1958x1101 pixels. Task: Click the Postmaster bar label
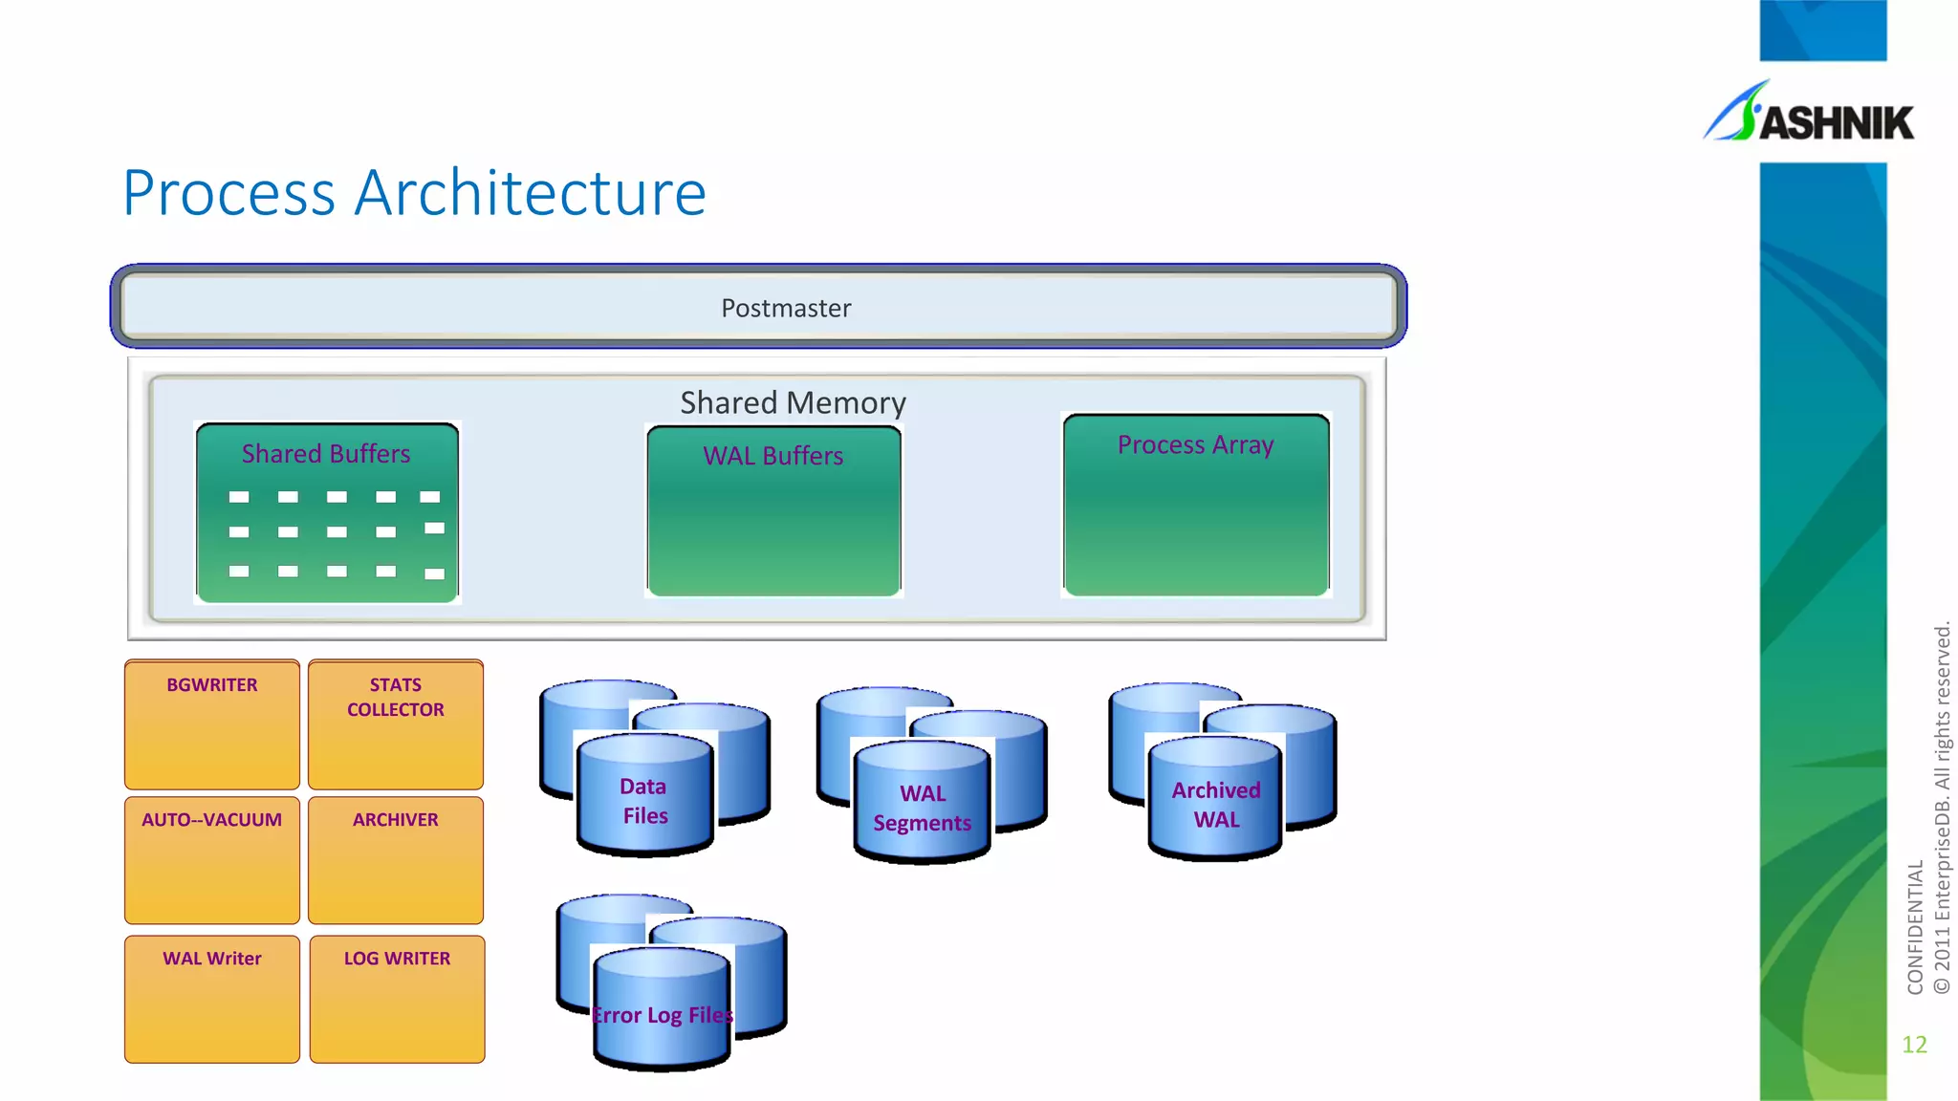pos(785,308)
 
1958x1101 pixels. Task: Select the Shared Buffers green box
pos(327,512)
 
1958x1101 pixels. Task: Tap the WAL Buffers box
pos(773,511)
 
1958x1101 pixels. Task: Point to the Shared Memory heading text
pos(793,402)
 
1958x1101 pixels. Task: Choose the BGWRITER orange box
pos(211,723)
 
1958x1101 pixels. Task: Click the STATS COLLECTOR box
pos(396,723)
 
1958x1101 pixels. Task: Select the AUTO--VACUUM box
pos(211,859)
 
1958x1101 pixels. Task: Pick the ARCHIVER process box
pos(396,859)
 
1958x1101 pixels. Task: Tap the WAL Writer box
pos(211,998)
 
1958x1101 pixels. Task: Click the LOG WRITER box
pos(397,998)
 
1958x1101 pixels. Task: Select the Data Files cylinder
pos(644,800)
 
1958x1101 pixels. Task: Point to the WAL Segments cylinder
pos(922,808)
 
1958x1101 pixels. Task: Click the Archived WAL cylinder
pos(1215,804)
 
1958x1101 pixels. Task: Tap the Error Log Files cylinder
pos(662,1014)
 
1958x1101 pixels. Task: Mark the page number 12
pos(1914,1045)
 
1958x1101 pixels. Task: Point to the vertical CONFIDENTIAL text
pos(1915,927)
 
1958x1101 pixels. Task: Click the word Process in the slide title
pos(229,193)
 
